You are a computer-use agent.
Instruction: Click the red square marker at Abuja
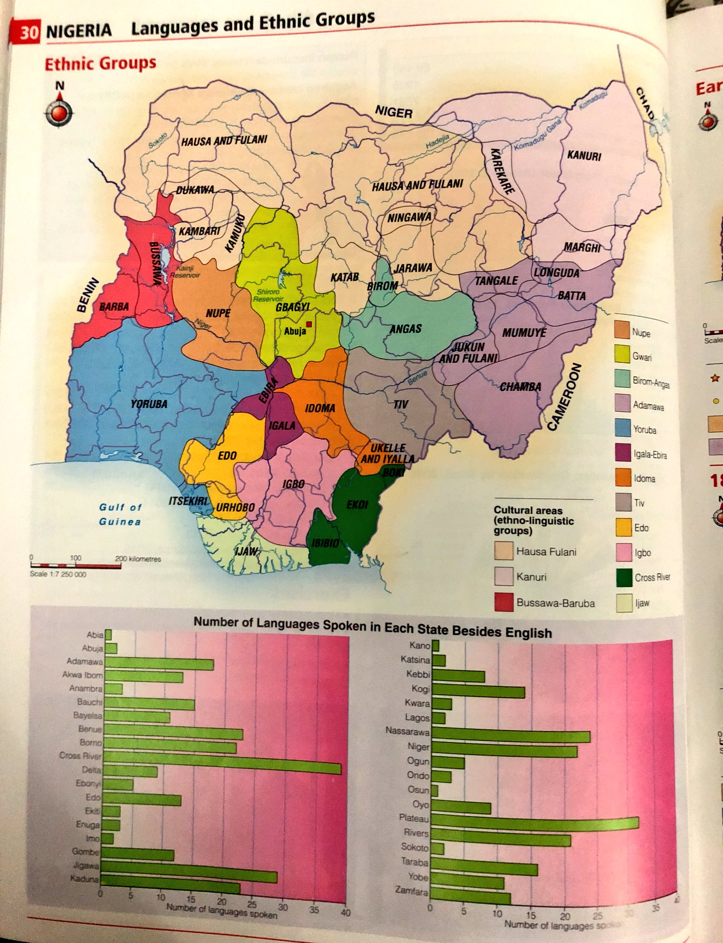(x=309, y=324)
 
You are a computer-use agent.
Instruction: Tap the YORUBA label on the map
(x=149, y=404)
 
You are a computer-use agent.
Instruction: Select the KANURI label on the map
(x=584, y=156)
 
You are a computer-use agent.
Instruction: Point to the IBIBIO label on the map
(x=325, y=543)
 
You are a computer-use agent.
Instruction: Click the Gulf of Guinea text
(x=120, y=514)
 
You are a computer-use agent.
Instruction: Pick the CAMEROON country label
(x=565, y=397)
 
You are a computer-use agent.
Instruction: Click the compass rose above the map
(x=59, y=112)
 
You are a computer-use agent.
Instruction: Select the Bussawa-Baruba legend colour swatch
(x=504, y=602)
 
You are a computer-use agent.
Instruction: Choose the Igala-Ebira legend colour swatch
(x=623, y=453)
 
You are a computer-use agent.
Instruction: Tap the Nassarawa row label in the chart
(x=407, y=731)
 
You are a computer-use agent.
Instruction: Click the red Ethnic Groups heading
(x=100, y=63)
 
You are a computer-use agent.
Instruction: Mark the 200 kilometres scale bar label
(x=138, y=559)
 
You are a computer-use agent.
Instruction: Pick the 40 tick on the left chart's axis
(x=346, y=913)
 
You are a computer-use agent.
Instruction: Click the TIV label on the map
(x=400, y=404)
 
